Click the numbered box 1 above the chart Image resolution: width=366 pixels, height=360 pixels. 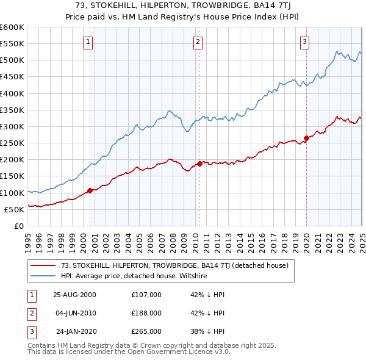pos(88,42)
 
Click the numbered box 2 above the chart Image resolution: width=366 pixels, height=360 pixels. pos(198,42)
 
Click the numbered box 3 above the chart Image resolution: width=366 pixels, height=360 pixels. pos(304,42)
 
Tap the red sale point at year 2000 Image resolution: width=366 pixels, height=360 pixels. pos(90,190)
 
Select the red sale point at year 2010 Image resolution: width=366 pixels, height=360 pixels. pos(199,164)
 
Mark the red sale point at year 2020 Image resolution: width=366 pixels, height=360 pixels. pos(306,138)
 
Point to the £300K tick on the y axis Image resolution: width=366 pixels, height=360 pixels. pos(13,126)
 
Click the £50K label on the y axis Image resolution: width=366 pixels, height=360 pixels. pos(15,209)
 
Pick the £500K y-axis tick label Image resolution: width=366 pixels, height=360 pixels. pos(13,60)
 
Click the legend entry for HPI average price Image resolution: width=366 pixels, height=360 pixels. pos(134,276)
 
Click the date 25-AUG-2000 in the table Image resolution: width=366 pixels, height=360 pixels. pos(75,295)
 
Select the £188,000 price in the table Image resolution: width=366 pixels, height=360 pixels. pos(146,313)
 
